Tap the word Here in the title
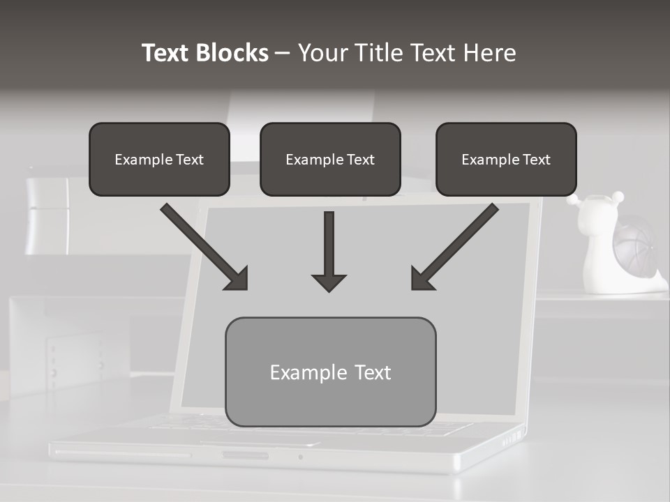tap(488, 53)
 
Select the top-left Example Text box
tap(159, 159)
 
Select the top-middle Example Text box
tap(330, 159)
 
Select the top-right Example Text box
tap(506, 159)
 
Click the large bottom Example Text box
tap(330, 372)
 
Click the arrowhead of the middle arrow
tap(329, 282)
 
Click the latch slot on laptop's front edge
tap(244, 456)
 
